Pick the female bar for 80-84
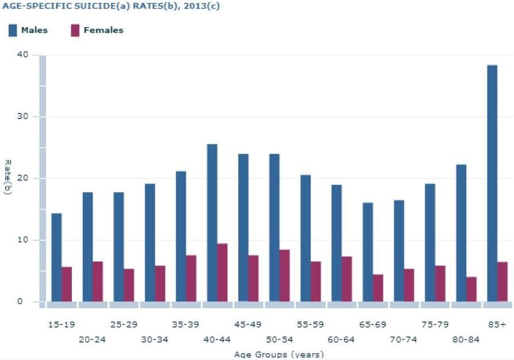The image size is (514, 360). (x=471, y=289)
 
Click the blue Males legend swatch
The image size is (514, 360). (x=13, y=31)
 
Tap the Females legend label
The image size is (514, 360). (x=104, y=31)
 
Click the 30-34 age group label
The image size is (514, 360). (x=154, y=339)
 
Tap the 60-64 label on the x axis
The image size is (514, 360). (x=341, y=339)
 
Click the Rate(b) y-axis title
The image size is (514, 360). (x=7, y=177)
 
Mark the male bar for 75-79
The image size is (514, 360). (x=429, y=242)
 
